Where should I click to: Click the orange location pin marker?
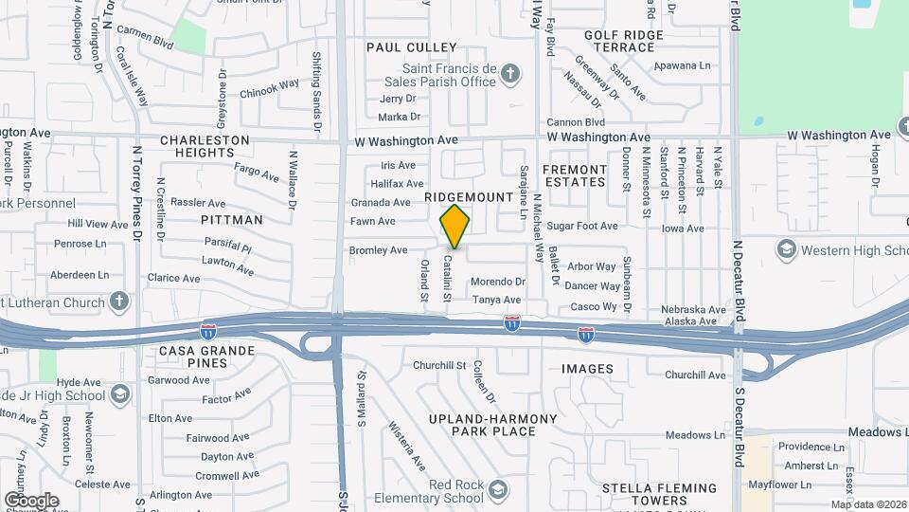[455, 226]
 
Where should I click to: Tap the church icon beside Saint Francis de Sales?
[510, 74]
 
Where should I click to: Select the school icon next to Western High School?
[785, 250]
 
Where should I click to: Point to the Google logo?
[31, 500]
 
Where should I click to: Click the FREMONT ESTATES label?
[574, 174]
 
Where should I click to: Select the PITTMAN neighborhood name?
[232, 219]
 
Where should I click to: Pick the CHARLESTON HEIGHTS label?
[205, 146]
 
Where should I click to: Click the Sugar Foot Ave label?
[582, 227]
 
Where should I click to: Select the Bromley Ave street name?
[378, 250]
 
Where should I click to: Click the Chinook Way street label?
[270, 89]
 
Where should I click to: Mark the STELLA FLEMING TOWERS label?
[645, 494]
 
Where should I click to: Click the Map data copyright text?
[868, 504]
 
